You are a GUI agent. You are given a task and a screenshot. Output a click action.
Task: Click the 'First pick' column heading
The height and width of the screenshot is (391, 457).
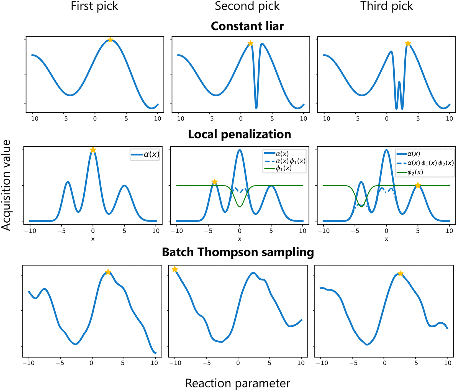94,6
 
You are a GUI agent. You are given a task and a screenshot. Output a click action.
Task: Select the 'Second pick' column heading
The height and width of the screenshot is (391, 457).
247,6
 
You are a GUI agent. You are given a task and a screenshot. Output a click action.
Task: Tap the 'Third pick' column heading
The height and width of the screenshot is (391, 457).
386,6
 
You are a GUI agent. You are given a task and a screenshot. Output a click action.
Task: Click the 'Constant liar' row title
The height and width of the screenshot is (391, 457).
247,26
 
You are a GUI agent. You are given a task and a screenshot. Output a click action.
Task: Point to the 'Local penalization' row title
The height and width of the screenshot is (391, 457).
239,134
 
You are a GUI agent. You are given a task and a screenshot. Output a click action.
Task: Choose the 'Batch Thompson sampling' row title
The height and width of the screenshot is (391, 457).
238,252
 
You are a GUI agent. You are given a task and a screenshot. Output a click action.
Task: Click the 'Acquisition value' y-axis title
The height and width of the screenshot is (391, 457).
6,185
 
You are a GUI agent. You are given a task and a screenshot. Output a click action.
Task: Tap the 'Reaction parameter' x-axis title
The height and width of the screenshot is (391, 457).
237,383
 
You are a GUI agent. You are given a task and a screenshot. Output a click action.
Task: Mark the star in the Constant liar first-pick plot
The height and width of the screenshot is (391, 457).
110,40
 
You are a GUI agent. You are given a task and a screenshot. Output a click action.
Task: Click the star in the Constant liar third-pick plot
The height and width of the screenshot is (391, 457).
408,43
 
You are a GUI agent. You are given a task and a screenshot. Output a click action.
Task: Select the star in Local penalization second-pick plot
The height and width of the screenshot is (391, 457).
214,182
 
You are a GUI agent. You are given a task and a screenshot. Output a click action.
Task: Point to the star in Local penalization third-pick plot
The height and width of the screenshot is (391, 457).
418,186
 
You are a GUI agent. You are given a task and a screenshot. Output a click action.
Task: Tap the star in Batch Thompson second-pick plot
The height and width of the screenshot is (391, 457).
175,269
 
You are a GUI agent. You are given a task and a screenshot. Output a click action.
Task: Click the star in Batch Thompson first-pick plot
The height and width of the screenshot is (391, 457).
108,272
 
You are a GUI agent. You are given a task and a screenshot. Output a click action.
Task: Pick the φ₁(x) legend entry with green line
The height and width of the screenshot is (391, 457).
284,168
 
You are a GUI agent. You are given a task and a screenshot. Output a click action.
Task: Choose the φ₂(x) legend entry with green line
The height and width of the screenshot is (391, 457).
415,173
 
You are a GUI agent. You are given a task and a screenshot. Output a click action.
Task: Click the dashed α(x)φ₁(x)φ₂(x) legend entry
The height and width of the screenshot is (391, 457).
425,163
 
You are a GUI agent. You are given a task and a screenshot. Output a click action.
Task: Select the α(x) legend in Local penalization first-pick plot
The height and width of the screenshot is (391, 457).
145,154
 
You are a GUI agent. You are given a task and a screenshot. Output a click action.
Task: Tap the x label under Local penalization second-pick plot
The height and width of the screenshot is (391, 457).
240,239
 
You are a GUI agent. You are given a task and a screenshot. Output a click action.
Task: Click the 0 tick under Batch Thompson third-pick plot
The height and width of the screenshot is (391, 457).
384,363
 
